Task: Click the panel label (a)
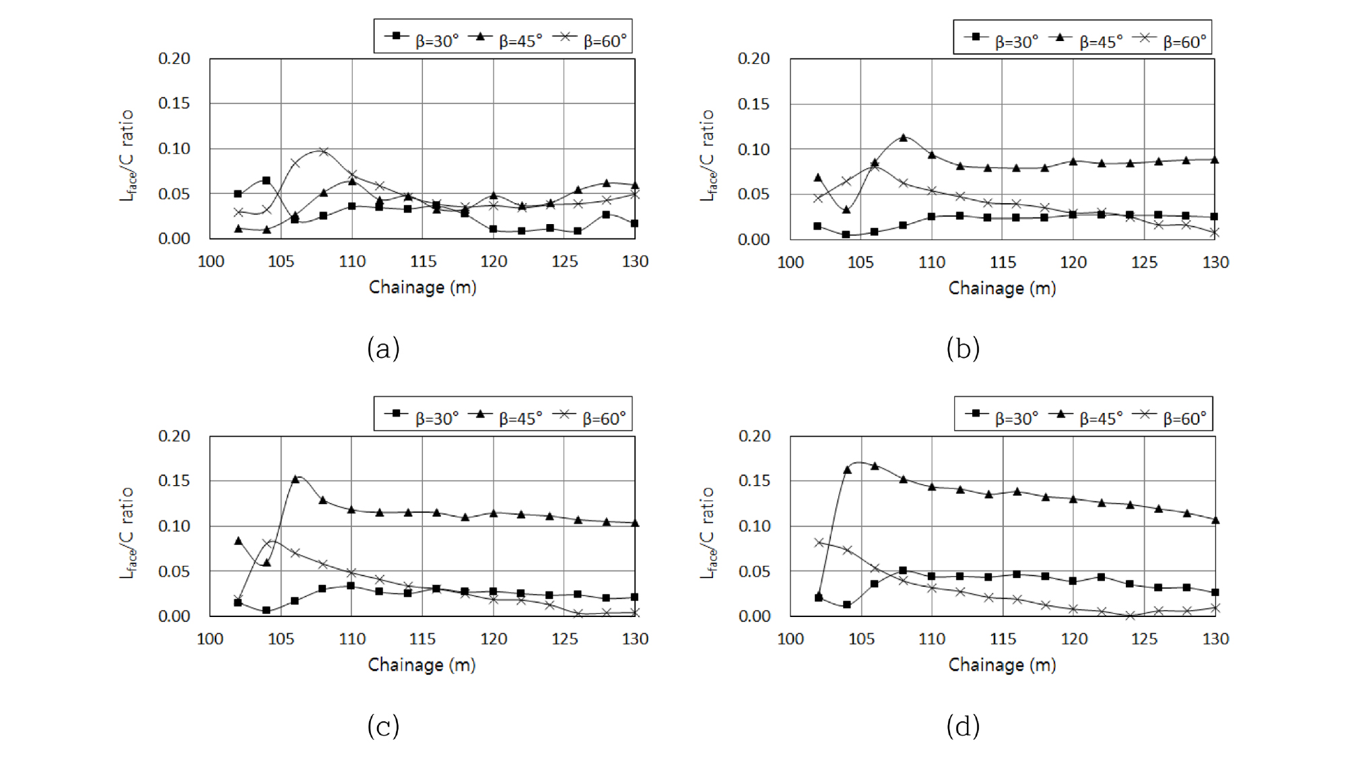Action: (383, 349)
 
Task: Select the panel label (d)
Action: (963, 726)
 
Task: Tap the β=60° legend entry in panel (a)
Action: (591, 40)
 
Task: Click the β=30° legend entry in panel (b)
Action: (1003, 40)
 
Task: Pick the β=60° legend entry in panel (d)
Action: (1172, 417)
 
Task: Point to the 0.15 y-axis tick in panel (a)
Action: (174, 103)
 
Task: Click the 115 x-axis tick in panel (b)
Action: (1003, 262)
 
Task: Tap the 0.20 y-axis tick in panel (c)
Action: (174, 436)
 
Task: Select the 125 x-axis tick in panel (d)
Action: (1144, 639)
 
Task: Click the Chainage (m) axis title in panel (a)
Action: (422, 287)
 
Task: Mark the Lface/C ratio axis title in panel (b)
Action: (707, 155)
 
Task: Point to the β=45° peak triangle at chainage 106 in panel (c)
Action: (295, 479)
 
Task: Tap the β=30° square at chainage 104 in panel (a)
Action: (267, 180)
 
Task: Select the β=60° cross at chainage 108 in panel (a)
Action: (323, 151)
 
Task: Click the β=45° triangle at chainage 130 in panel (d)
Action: (1215, 520)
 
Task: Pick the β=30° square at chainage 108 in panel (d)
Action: (903, 571)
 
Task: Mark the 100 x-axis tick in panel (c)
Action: (210, 639)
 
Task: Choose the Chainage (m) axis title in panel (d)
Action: (1002, 665)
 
